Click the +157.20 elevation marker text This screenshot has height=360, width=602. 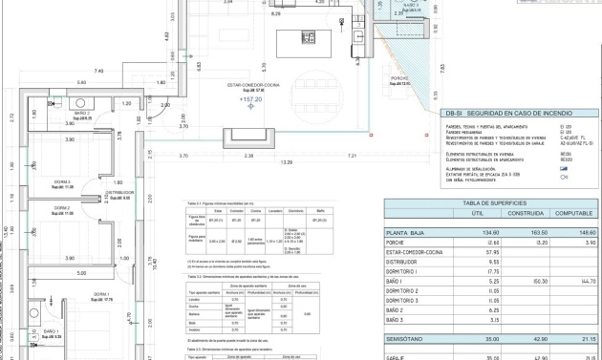click(x=250, y=99)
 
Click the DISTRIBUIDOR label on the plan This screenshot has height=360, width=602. click(x=119, y=192)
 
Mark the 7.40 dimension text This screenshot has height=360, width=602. click(x=97, y=72)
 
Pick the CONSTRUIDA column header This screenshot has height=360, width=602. click(x=517, y=214)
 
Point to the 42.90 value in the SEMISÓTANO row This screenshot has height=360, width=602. click(x=517, y=339)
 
